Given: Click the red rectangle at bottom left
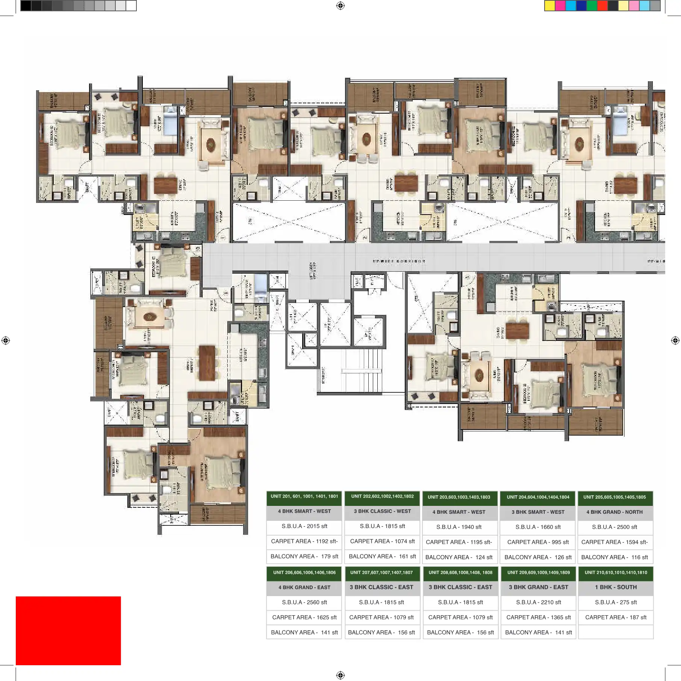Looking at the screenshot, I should coord(68,630).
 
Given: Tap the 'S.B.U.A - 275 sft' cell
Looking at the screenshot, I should coord(616,602).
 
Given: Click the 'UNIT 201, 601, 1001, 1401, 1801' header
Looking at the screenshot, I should coord(304,496).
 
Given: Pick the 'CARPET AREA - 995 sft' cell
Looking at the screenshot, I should coord(538,542).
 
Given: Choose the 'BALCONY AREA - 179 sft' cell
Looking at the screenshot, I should coord(304,556).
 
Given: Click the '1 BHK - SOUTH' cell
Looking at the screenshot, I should coord(616,587).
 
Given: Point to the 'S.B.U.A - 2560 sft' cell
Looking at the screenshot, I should coord(304,602).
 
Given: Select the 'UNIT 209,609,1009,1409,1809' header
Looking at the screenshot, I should coord(538,572).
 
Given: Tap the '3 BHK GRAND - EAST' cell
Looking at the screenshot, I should coord(538,587).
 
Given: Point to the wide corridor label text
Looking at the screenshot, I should coord(399,261).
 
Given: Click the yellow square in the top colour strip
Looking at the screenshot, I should coord(549,6).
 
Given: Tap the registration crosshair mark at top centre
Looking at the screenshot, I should coord(340,6).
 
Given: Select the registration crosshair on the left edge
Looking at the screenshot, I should coord(6,340).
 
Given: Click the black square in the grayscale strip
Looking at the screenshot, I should coord(26,6).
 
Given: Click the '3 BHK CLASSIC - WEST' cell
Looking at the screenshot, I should coord(382,511).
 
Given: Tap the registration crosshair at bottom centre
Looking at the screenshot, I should coord(340,675).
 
